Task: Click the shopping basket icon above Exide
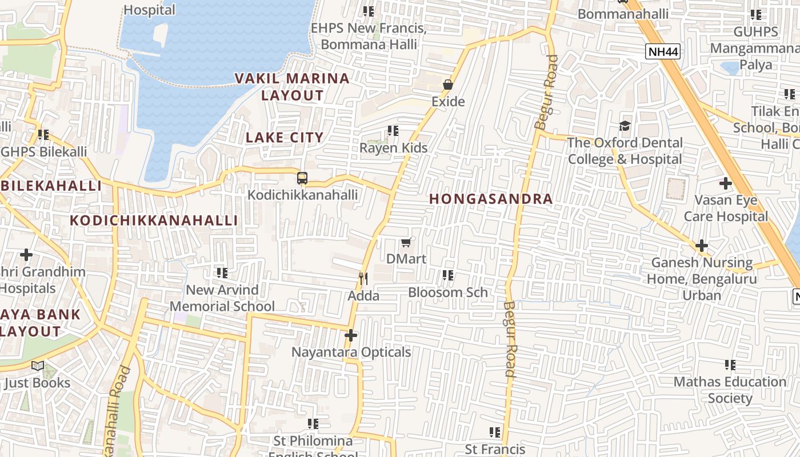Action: coord(448,85)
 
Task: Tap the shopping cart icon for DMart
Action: coord(406,242)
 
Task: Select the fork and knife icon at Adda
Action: coord(363,278)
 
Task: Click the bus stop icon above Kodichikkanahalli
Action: coord(302,178)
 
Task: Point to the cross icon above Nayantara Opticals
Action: coord(351,335)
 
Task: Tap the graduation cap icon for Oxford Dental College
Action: coord(625,126)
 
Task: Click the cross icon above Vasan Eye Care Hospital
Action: coord(726,183)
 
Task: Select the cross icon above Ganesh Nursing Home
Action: coord(702,246)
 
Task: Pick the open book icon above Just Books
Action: coord(38,366)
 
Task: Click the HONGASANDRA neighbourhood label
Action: coord(491,199)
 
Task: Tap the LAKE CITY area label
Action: coord(285,138)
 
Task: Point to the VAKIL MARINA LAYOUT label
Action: coord(293,87)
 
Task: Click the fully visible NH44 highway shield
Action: coord(663,52)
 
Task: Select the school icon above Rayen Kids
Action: coord(393,131)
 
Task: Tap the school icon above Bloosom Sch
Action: coord(448,275)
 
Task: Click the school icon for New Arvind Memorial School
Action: coord(222,273)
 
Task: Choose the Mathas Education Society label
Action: coord(730,390)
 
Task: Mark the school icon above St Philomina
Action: coord(313,424)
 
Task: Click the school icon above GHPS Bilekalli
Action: coord(43,135)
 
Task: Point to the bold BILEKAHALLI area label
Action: coord(51,186)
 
